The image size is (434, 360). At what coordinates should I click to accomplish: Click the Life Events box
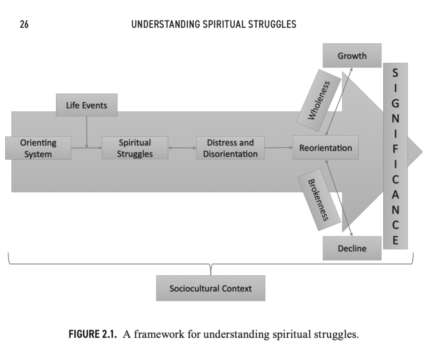[x=86, y=105]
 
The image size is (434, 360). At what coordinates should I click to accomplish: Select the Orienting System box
[x=38, y=148]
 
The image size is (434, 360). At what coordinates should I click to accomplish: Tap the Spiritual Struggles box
[x=135, y=148]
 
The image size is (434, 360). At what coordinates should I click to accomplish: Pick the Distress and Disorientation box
[x=230, y=148]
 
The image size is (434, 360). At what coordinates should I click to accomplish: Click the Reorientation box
[x=325, y=148]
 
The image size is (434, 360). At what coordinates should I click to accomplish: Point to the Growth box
[x=352, y=56]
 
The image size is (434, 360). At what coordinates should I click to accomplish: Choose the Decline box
[x=352, y=248]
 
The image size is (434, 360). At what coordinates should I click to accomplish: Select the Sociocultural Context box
[x=210, y=288]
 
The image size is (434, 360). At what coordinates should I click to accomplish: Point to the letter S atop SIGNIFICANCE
[x=395, y=73]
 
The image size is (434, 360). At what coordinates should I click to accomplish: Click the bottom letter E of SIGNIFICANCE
[x=395, y=240]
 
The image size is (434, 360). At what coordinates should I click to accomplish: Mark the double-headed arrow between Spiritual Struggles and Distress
[x=182, y=148]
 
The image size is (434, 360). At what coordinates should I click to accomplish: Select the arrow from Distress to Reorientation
[x=278, y=148]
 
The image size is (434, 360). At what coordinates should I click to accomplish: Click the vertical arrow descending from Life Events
[x=87, y=131]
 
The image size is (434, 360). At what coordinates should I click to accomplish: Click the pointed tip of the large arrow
[x=421, y=151]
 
